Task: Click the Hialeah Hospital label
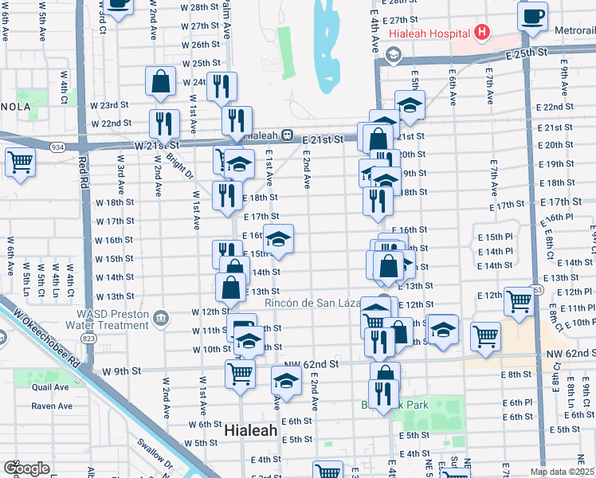click(x=429, y=34)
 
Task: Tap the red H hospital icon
click(x=480, y=33)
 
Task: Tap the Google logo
click(x=26, y=468)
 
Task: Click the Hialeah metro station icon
click(x=284, y=135)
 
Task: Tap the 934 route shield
click(x=57, y=147)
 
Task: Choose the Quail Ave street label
click(x=51, y=387)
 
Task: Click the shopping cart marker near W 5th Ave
click(x=20, y=163)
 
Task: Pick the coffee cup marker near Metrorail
click(x=532, y=14)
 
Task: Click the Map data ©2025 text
click(x=563, y=472)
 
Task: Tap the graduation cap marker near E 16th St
click(x=278, y=238)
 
